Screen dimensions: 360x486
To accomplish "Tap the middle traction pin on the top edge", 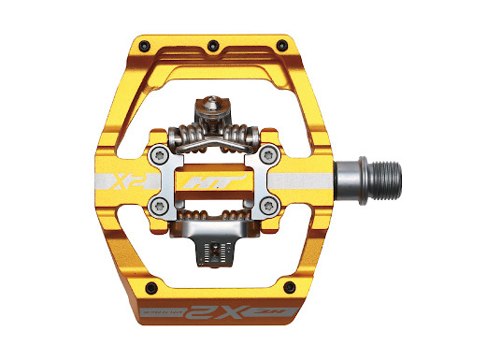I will click(x=214, y=43).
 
